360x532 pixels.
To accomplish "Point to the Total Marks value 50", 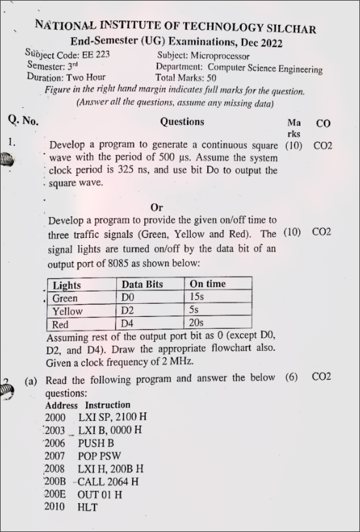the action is click(212, 78).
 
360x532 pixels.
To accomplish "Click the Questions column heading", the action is click(182, 122).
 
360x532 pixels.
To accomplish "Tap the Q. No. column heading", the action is click(24, 120).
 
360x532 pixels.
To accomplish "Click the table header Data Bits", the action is click(142, 284).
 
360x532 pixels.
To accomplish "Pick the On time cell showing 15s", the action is click(198, 297).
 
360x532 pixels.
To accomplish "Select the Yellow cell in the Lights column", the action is click(67, 311).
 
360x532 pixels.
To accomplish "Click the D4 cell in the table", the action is click(128, 324).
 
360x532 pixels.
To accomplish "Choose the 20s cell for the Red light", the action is click(196, 323).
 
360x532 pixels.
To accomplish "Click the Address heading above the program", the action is click(63, 405).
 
